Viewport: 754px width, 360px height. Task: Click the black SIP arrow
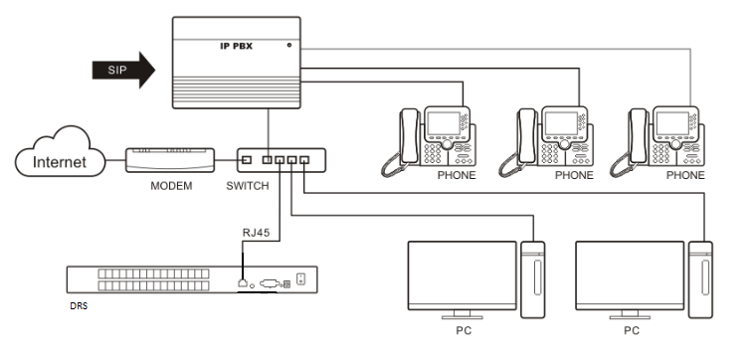pyautogui.click(x=123, y=71)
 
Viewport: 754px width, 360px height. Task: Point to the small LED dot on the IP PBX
pyautogui.click(x=289, y=45)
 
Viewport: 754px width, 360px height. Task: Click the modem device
pyautogui.click(x=170, y=160)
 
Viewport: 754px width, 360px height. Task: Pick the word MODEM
pyautogui.click(x=171, y=186)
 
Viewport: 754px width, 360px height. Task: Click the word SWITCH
pyautogui.click(x=247, y=186)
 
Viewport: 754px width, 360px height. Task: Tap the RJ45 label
pyautogui.click(x=256, y=233)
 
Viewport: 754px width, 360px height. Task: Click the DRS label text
pyautogui.click(x=79, y=305)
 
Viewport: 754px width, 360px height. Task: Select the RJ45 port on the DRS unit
pyautogui.click(x=243, y=282)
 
